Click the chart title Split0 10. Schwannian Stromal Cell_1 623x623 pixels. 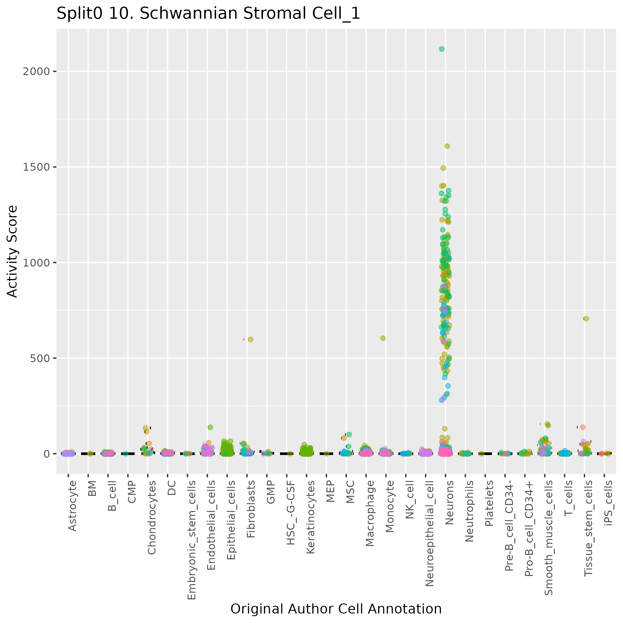click(x=208, y=14)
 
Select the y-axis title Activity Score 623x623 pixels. click(x=12, y=251)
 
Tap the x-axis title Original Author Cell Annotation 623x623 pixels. click(x=336, y=609)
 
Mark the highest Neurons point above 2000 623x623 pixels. click(x=442, y=49)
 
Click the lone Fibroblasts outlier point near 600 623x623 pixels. click(x=251, y=340)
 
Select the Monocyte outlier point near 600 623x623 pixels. click(x=383, y=338)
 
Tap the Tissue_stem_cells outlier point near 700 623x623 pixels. click(x=586, y=318)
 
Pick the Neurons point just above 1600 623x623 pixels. click(x=447, y=146)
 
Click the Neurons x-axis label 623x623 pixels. click(x=449, y=503)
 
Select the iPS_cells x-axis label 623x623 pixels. click(x=608, y=503)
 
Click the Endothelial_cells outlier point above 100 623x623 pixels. click(x=210, y=427)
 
